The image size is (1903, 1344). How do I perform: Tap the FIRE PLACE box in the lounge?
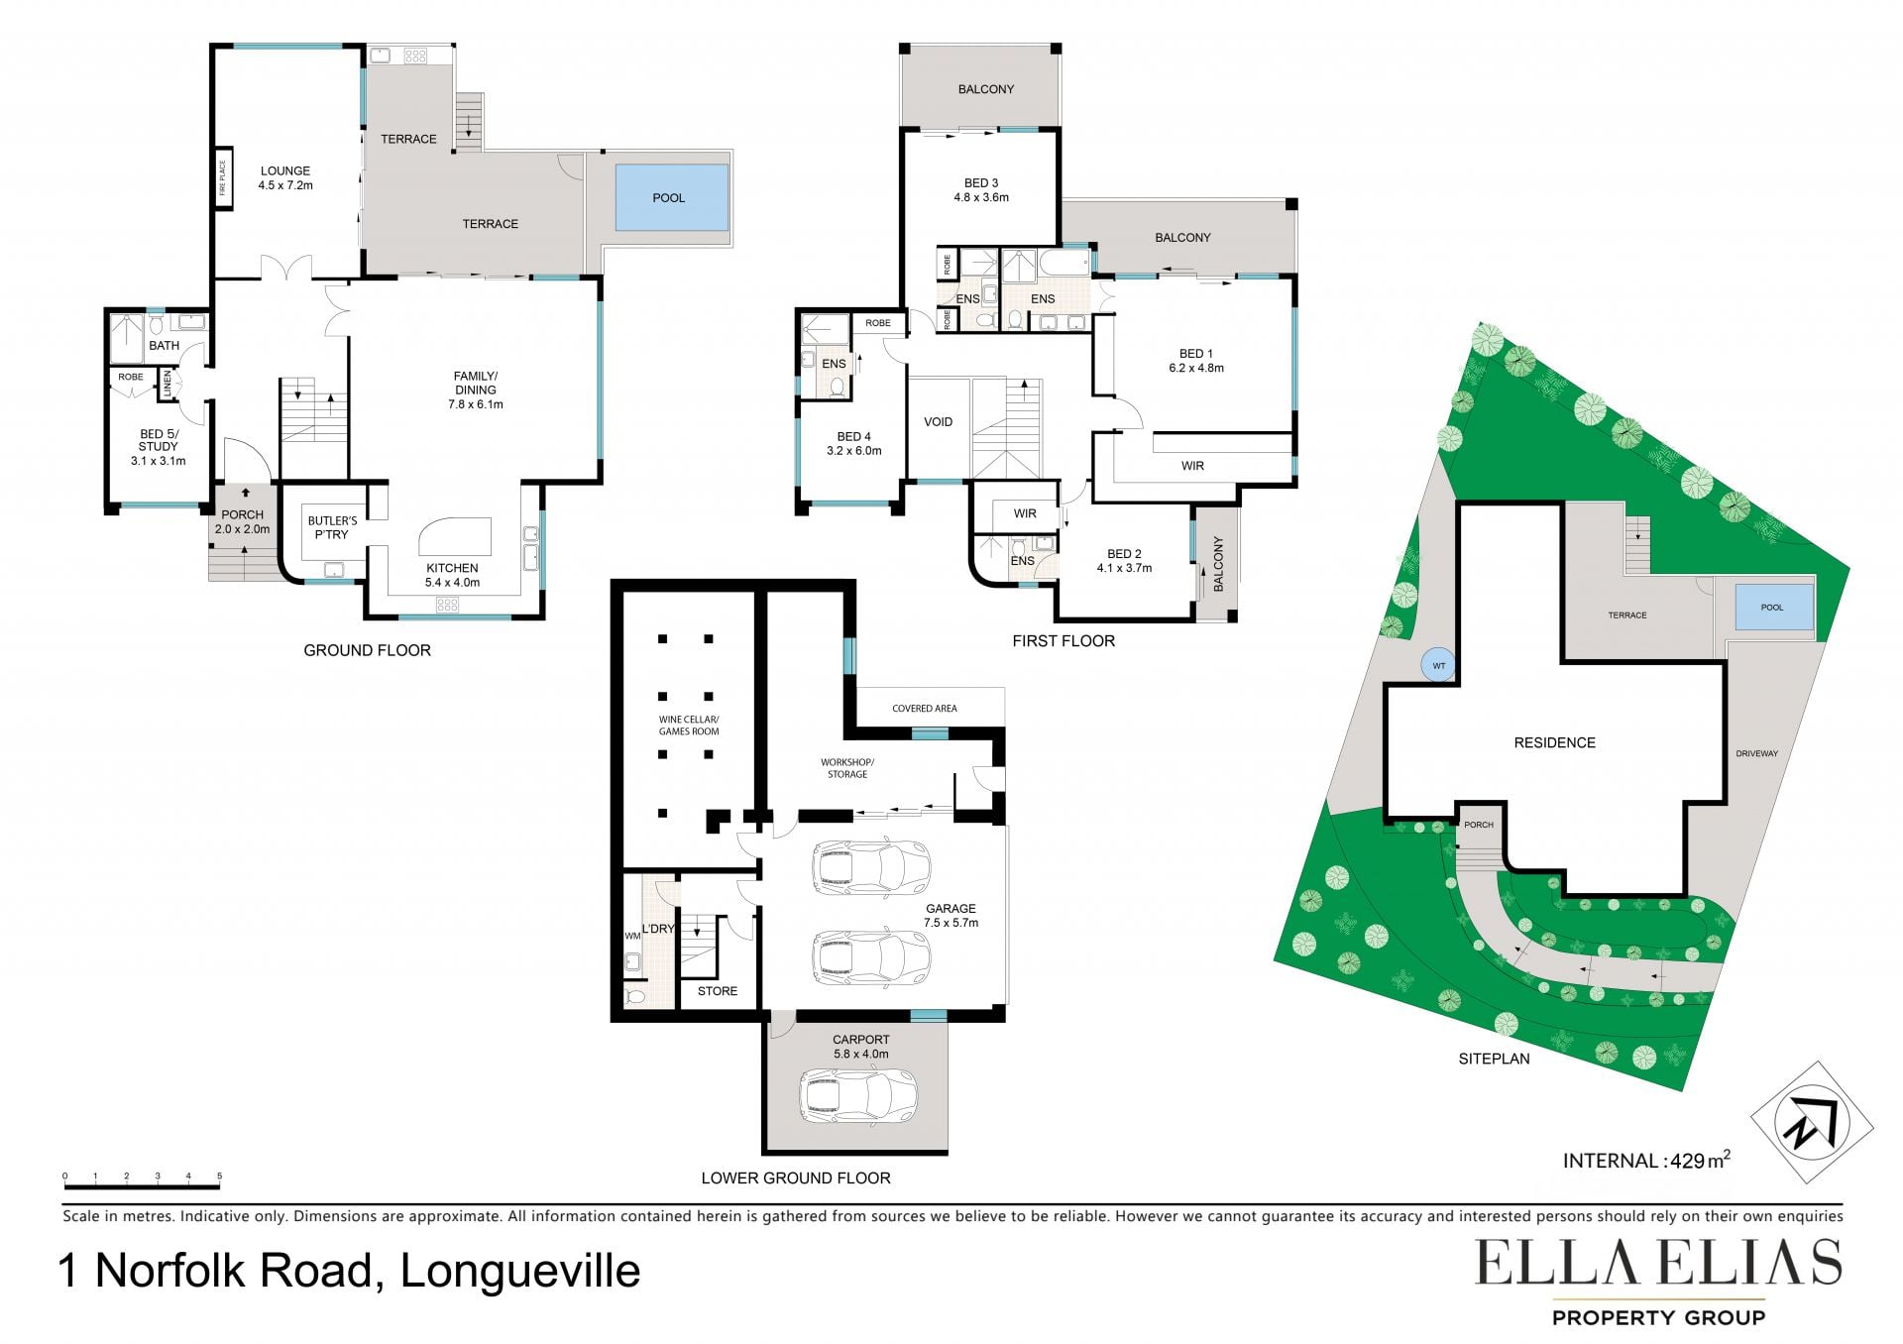point(223,178)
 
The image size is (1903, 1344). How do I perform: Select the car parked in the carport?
point(858,1095)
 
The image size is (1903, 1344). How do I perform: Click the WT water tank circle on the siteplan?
point(1438,665)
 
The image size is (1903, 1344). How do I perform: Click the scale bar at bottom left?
point(142,1181)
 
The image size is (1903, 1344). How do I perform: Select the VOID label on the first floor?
point(938,422)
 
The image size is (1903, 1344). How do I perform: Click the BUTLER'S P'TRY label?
point(332,527)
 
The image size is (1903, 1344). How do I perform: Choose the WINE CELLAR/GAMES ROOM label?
point(689,726)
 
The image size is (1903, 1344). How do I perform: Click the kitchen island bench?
point(455,536)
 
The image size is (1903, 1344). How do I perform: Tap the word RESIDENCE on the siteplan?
point(1554,742)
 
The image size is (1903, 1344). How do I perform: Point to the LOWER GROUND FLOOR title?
point(796,1177)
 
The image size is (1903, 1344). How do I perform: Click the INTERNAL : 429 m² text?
point(1646,1160)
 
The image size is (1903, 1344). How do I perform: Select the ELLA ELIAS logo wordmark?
point(1658,1262)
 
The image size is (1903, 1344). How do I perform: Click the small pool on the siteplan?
point(1774,607)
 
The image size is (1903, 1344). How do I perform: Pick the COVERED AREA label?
point(924,709)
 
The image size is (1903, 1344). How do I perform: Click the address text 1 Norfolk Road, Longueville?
point(349,1271)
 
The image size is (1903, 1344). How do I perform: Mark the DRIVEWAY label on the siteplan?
point(1756,753)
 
